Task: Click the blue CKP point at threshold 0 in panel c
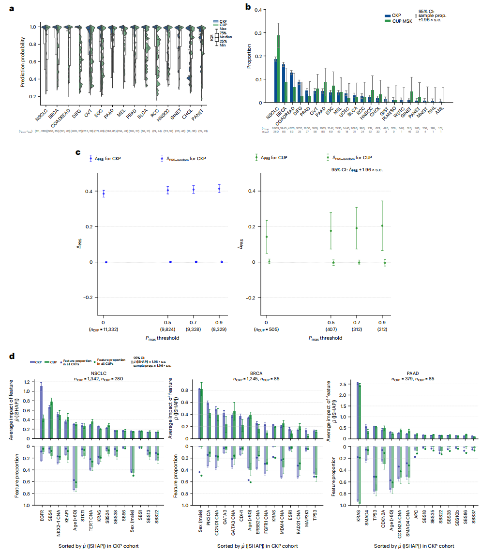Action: [104, 194]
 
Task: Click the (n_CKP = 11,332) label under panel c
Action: [104, 329]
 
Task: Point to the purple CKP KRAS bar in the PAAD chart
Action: [358, 412]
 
